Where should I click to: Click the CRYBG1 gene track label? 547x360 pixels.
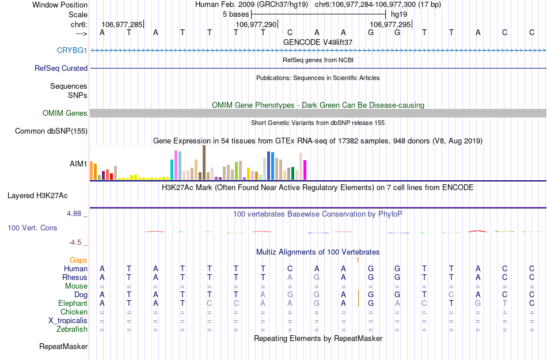coord(72,51)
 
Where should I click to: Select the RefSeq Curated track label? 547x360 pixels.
coord(61,69)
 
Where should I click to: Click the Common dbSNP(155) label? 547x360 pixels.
coord(51,131)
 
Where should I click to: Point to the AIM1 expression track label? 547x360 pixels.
coord(78,164)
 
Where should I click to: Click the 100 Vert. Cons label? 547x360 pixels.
coord(32,228)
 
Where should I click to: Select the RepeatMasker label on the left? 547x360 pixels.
coord(63,347)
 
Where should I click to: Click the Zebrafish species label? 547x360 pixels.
coord(72,329)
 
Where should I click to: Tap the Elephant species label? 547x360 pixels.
coord(73,304)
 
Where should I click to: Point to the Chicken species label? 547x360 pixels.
coord(74,312)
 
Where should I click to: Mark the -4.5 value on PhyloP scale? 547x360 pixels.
coord(77,242)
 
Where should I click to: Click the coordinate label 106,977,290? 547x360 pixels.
coord(256,25)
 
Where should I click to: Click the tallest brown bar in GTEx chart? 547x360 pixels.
coord(204,162)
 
